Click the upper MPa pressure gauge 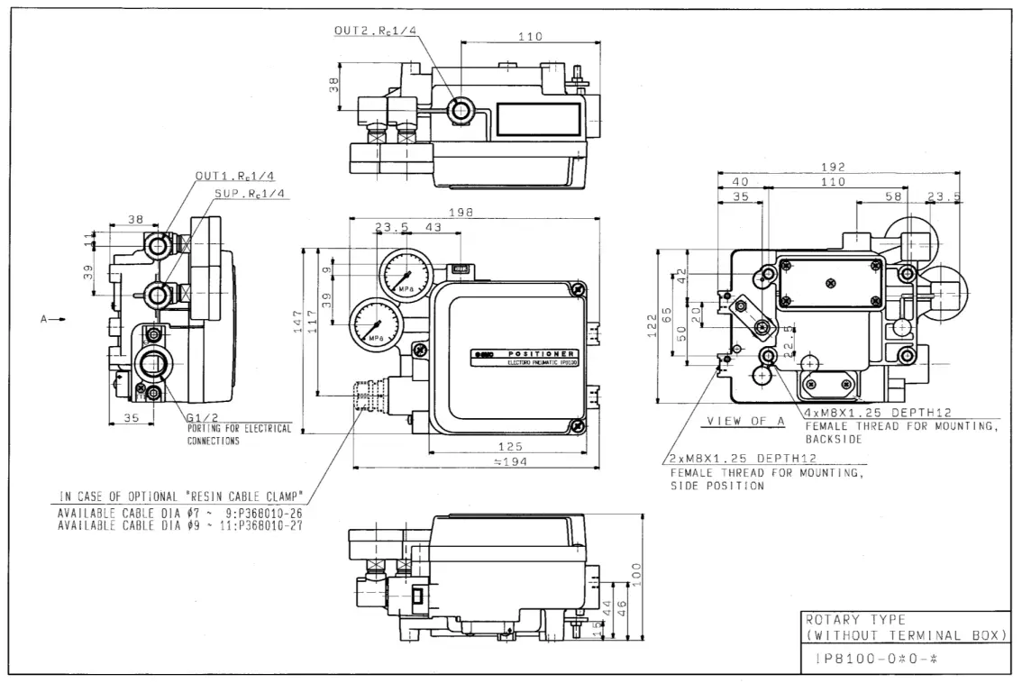[402, 271]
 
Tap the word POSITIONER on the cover [537, 353]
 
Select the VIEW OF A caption [745, 421]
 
